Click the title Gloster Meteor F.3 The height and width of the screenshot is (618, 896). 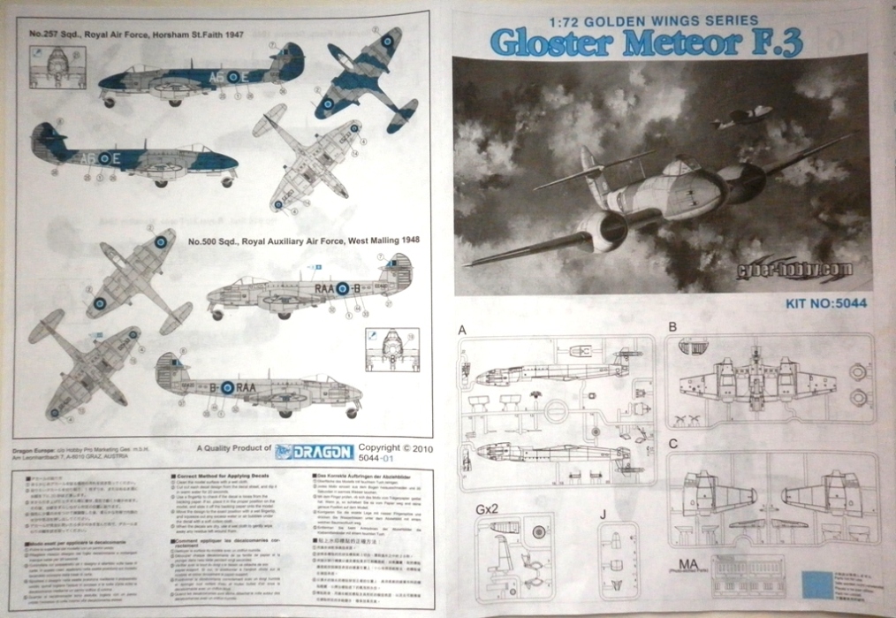(646, 42)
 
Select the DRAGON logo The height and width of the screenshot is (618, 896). (314, 452)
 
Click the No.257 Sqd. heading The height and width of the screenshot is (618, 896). (136, 34)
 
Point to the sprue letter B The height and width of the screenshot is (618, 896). (673, 327)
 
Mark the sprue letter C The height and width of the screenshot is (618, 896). (673, 444)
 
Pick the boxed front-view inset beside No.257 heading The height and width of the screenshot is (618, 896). (57, 68)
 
